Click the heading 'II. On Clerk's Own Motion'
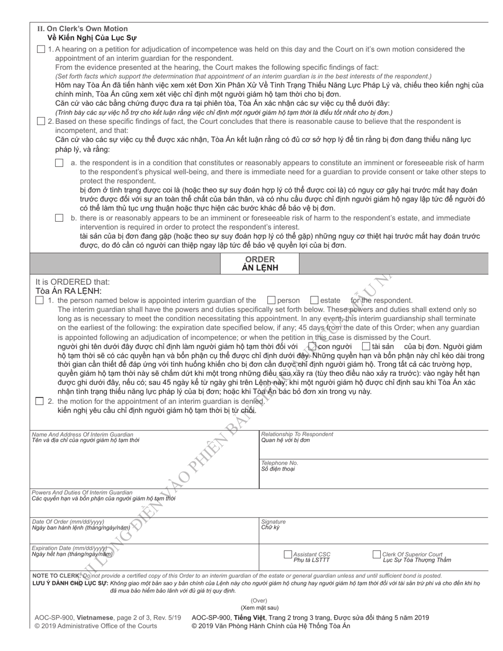82,29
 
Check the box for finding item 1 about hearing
41,49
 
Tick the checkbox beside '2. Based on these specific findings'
41,121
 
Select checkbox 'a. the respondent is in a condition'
59,163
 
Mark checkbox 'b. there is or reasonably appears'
59,218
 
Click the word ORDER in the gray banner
259,259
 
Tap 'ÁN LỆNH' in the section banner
259,268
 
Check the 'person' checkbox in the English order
272,300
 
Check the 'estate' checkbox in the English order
314,300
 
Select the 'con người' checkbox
312,346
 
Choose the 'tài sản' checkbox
366,346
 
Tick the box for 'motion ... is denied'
39,401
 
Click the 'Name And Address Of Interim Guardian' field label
83,434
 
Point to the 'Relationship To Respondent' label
297,434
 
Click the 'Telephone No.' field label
280,463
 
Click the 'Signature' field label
273,521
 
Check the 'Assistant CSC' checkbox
288,555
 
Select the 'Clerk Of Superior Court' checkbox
376,555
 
